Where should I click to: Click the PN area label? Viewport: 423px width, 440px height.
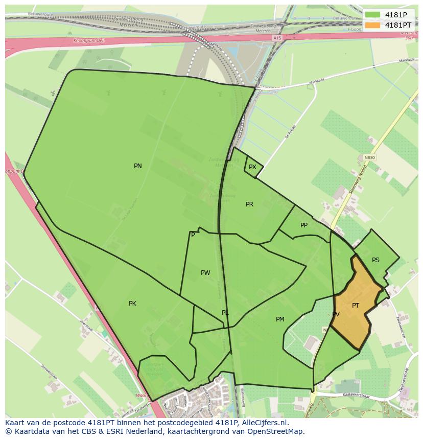pos(138,166)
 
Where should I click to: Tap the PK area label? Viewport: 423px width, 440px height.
pos(132,304)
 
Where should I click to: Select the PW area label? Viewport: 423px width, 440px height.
pos(205,273)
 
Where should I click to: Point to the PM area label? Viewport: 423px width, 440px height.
pos(280,319)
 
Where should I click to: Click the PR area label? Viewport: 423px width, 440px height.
pos(249,204)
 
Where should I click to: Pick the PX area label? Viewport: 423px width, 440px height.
pos(252,167)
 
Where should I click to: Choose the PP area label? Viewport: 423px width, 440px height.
pos(304,225)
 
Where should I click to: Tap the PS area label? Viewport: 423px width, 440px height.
pos(375,260)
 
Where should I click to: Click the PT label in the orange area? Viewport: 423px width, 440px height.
pos(356,306)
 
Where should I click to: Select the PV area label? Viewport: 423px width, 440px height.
pos(336,314)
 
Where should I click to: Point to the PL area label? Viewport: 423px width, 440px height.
pos(225,313)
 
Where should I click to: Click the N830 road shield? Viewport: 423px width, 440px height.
pos(369,158)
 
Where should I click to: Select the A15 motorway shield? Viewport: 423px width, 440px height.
pos(277,38)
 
